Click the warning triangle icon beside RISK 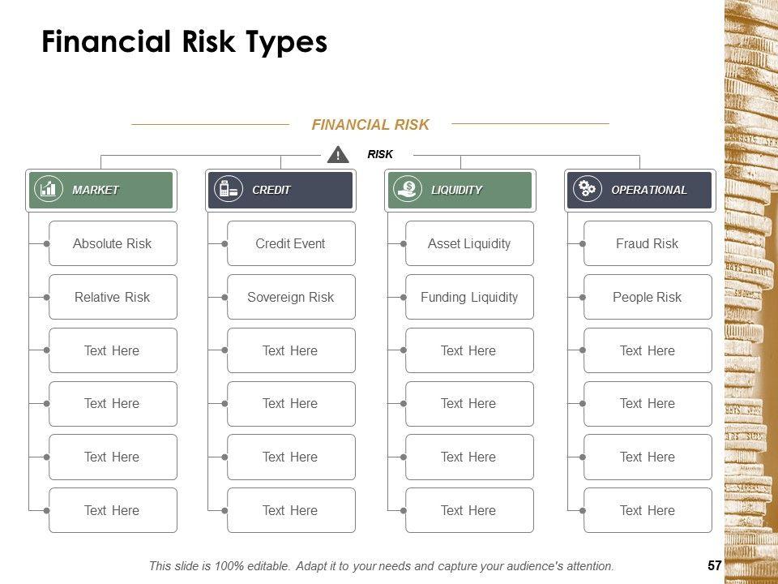tap(338, 154)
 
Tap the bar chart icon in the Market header tap(49, 189)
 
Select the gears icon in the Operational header tap(588, 189)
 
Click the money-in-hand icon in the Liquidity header tap(408, 189)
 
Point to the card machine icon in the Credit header tap(229, 189)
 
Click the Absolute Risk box tap(113, 243)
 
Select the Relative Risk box tap(113, 297)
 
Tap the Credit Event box tap(291, 243)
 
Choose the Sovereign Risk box tap(291, 297)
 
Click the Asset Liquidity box tap(469, 243)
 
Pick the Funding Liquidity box tap(469, 297)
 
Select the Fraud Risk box tap(648, 243)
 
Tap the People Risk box tap(648, 297)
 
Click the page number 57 tap(715, 565)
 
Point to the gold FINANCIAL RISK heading tap(370, 125)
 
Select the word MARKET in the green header tap(96, 190)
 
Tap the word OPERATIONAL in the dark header tap(649, 190)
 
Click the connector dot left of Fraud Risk tap(583, 244)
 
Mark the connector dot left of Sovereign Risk tap(224, 298)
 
